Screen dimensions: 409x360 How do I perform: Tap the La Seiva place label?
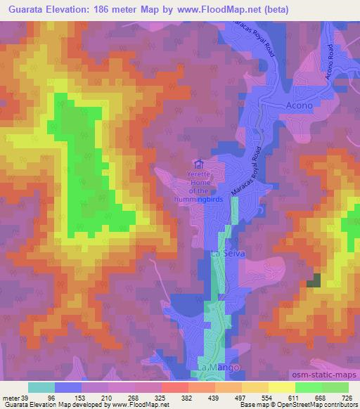pos(226,254)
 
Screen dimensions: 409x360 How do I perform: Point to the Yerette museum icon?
pos(199,164)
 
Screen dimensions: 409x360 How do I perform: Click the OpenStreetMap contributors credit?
pos(316,405)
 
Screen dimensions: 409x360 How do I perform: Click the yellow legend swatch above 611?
pos(282,387)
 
